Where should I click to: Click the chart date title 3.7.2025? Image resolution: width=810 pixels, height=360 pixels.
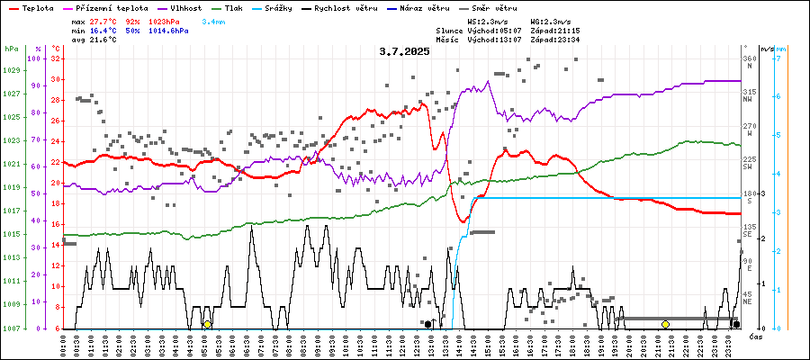(404, 51)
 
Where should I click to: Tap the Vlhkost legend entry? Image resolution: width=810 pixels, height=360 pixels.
(185, 7)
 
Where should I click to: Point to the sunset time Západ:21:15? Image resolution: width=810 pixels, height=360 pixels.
(555, 31)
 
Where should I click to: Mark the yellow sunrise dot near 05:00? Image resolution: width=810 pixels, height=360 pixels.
(207, 324)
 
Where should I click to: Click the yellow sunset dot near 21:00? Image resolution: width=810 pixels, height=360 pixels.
(665, 324)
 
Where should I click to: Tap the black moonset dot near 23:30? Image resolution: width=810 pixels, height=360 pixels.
(735, 324)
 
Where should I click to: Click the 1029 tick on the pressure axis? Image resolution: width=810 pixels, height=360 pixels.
(12, 70)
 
